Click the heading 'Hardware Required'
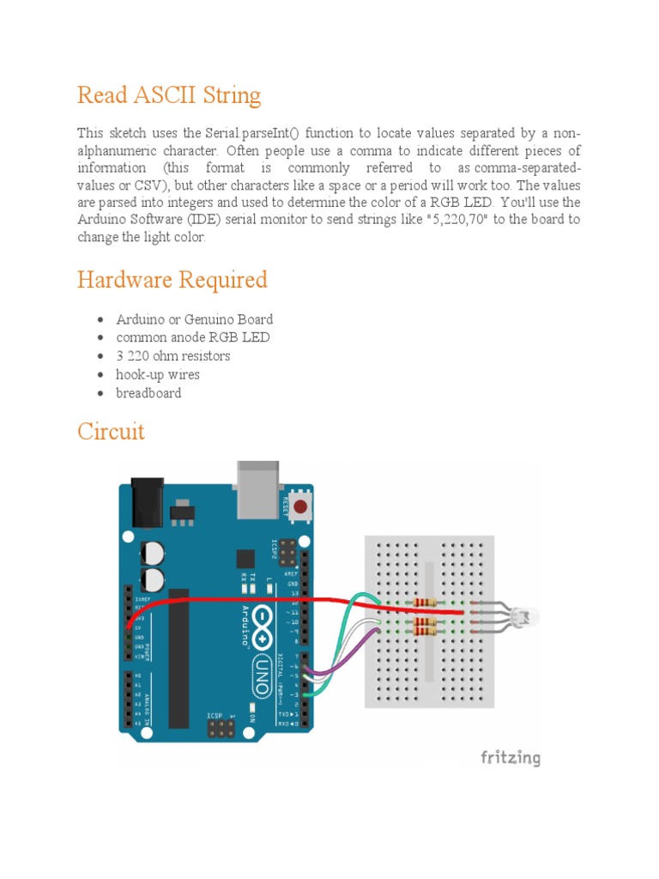pyautogui.click(x=172, y=280)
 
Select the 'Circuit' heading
pyautogui.click(x=111, y=431)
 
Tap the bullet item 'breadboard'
pyautogui.click(x=148, y=393)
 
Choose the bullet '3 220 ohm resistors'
pyautogui.click(x=172, y=355)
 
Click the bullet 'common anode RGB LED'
pyautogui.click(x=192, y=337)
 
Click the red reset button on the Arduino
pyautogui.click(x=300, y=507)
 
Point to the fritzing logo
pyautogui.click(x=510, y=757)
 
